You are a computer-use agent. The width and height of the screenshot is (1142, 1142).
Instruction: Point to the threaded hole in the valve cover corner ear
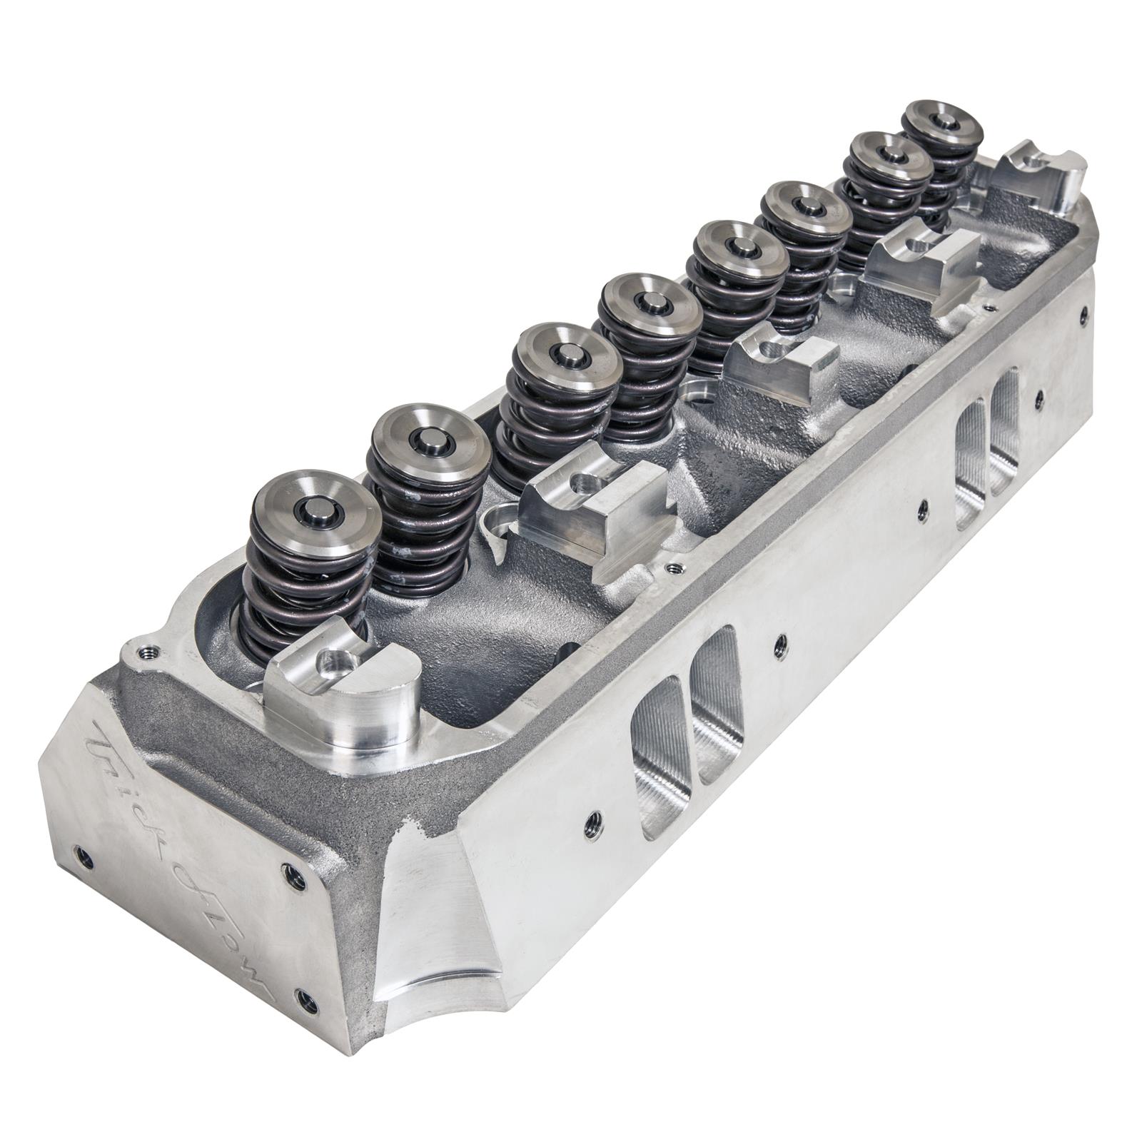(x=148, y=651)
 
